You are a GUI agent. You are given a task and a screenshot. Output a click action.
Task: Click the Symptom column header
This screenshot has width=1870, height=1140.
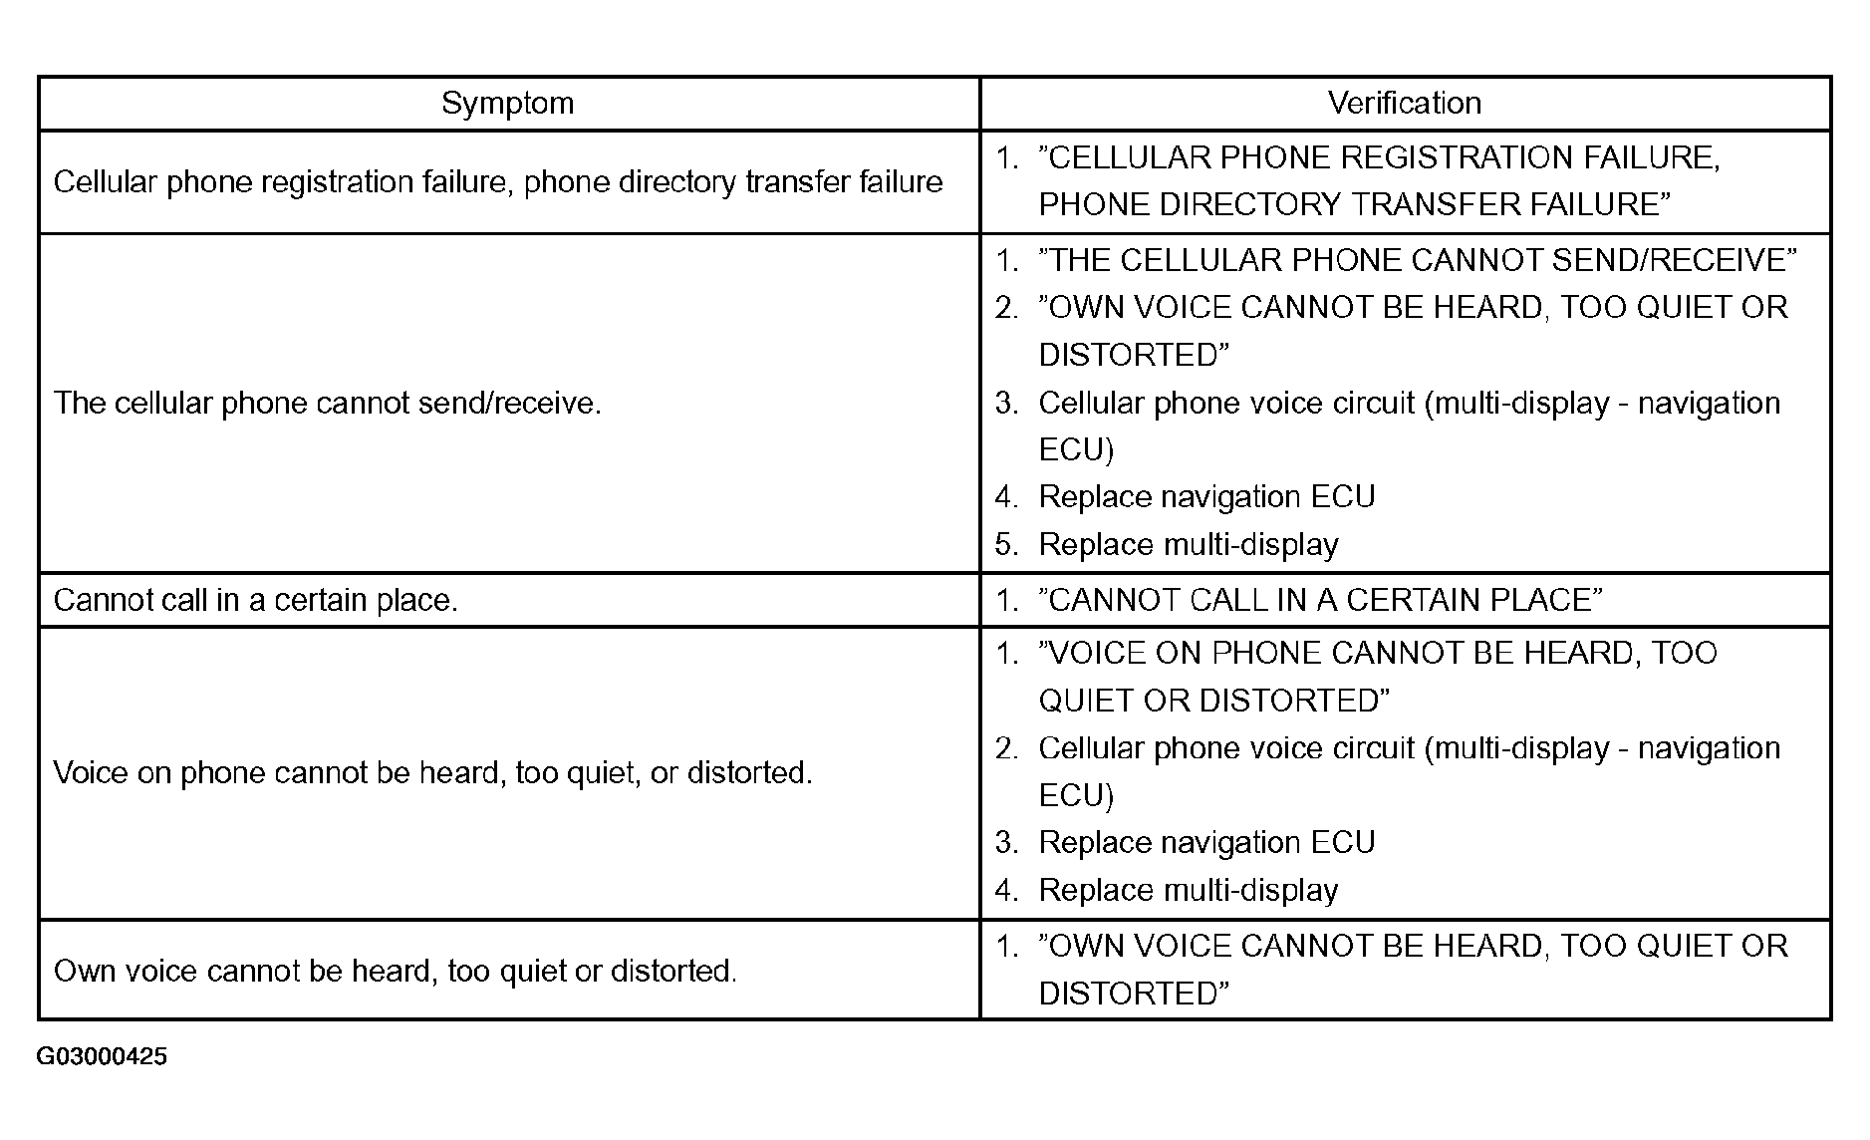507,104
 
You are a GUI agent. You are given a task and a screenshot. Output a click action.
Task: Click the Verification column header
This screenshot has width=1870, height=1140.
1404,104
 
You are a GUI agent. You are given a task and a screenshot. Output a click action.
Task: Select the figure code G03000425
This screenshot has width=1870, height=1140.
102,1057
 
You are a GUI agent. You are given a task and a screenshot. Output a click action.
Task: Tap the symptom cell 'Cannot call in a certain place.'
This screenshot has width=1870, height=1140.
255,600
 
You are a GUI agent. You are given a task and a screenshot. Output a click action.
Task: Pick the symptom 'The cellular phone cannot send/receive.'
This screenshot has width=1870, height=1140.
327,403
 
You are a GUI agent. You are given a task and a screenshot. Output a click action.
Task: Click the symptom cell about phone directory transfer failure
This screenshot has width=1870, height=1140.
497,182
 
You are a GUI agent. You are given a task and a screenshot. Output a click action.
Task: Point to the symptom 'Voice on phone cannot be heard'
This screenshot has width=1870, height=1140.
432,772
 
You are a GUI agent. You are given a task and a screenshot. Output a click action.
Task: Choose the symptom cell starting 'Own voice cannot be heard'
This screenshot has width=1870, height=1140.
395,971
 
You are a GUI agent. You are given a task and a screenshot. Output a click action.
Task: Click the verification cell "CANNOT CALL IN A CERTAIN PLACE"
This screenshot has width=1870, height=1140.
1320,600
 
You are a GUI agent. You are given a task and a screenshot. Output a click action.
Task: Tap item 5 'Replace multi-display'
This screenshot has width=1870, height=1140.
1188,544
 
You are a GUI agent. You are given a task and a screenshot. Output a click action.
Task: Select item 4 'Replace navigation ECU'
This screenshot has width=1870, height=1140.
1205,496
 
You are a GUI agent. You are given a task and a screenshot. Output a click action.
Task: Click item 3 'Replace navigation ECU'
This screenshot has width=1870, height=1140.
1205,842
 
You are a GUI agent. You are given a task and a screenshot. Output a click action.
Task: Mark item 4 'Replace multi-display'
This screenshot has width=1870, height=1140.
1188,890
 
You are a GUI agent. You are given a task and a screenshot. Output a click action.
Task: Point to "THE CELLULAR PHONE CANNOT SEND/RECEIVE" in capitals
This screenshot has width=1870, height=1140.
1417,260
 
